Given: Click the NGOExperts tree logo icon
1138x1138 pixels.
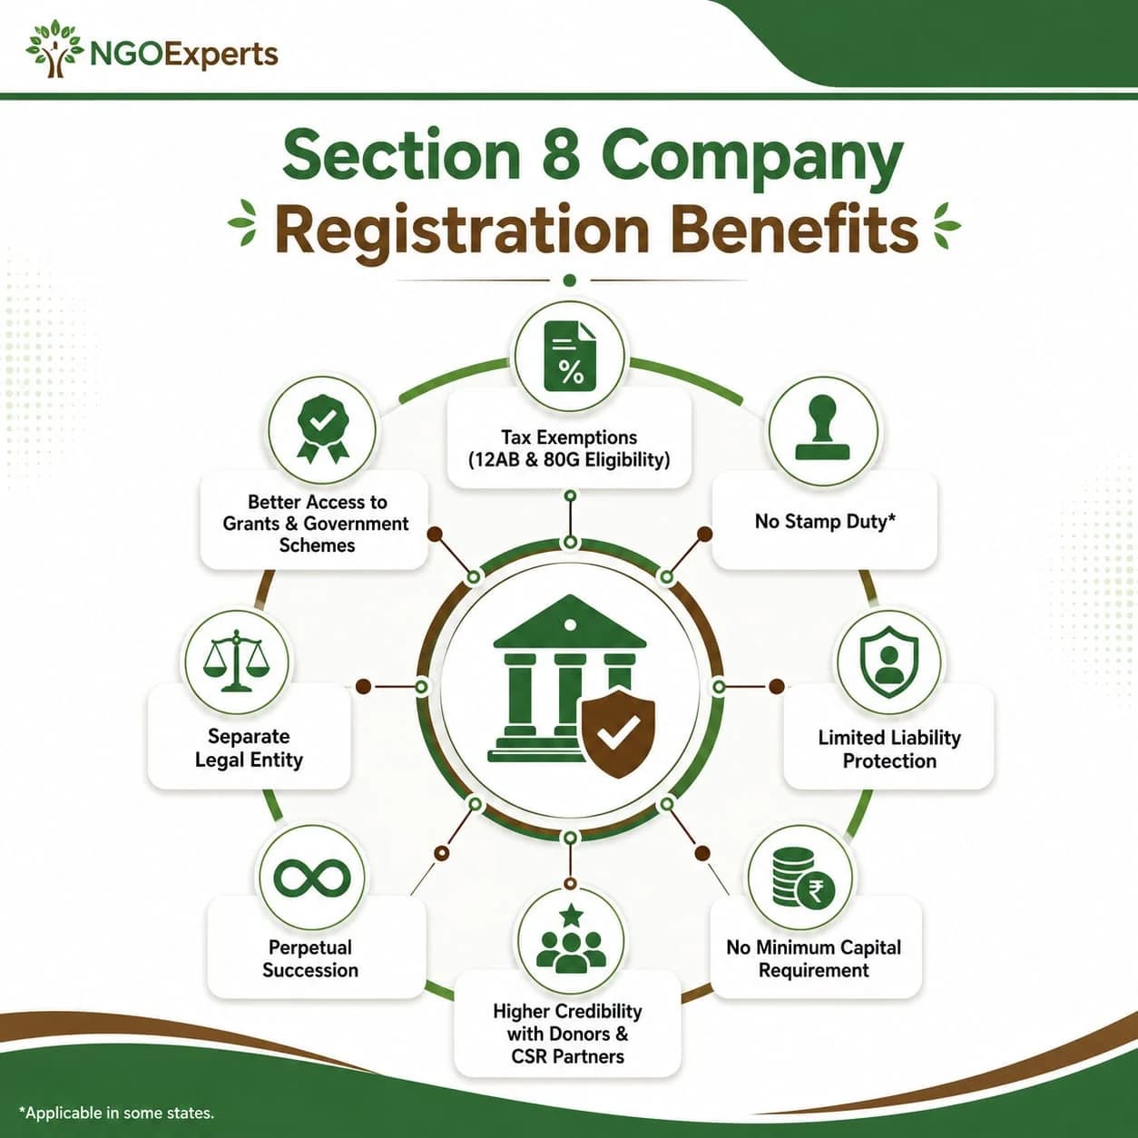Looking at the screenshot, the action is coord(54,50).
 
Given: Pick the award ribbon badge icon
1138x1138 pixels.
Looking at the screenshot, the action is coord(322,428).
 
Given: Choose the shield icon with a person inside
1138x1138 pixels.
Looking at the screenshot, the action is coord(889,662).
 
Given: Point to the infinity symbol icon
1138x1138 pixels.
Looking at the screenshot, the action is coord(312,877).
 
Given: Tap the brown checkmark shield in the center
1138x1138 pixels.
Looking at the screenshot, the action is coord(618,733).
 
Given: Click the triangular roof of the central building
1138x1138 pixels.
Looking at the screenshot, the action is coord(570,623).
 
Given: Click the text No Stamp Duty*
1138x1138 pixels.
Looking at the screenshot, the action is coord(825,521).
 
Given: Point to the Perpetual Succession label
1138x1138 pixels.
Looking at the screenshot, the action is coord(310,959).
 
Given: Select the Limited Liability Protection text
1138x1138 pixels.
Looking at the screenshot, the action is coord(889,749).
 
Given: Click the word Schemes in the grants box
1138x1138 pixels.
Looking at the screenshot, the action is coord(317,545).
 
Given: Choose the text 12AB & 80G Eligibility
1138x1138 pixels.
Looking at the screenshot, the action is coord(569,459).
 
